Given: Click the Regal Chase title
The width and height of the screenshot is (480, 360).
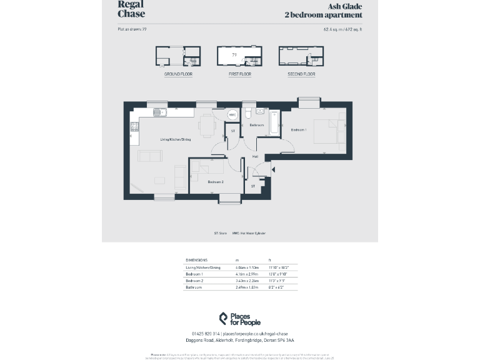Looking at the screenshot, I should click(x=131, y=9).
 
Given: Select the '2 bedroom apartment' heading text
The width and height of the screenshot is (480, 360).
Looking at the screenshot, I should click(x=322, y=14).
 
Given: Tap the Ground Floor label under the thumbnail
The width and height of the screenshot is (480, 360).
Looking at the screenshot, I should click(x=178, y=74).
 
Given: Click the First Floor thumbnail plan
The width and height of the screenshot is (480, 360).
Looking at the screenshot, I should click(x=239, y=56).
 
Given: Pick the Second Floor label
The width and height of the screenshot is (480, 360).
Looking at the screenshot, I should click(x=301, y=74).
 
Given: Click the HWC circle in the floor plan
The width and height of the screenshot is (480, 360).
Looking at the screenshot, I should click(x=232, y=115).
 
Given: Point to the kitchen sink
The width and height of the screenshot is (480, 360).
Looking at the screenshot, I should click(x=159, y=113).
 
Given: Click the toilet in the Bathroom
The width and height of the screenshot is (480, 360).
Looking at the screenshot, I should click(x=248, y=113).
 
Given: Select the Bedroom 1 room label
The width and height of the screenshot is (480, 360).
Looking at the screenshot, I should click(x=299, y=130).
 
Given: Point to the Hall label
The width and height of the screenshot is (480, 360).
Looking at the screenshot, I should click(x=255, y=156).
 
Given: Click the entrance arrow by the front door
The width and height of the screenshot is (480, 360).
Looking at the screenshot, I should click(x=272, y=169).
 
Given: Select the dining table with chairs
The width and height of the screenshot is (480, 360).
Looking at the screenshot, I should click(x=207, y=127).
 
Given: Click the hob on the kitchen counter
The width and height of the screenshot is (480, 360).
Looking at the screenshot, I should click(x=134, y=127).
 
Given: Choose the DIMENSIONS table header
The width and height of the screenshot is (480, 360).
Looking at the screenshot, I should click(x=197, y=260).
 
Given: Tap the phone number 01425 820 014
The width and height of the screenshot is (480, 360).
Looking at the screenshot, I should click(x=206, y=334).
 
